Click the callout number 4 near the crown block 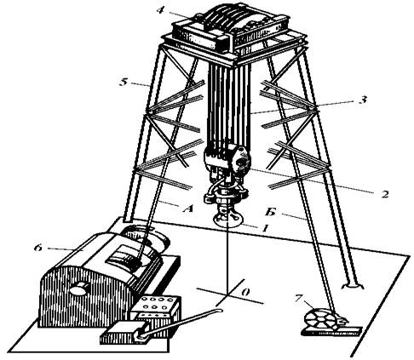click(160, 10)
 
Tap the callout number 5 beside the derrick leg click(123, 83)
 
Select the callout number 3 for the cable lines click(363, 100)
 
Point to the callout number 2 click(385, 194)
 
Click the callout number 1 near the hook click(265, 228)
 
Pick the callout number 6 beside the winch click(37, 248)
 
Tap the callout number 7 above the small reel click(298, 298)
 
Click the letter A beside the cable click(187, 209)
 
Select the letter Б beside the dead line click(270, 212)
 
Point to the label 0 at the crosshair click(246, 292)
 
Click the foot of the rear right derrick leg click(353, 285)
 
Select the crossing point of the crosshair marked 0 click(227, 294)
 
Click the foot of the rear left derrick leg click(128, 220)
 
